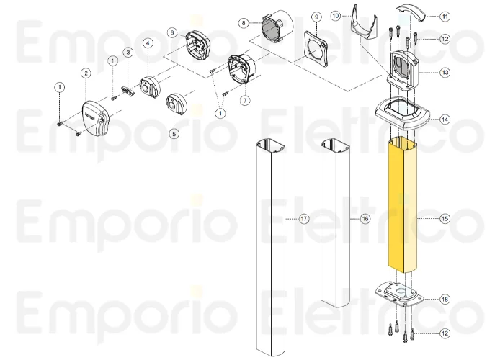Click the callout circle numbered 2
point(86,73)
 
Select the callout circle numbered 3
point(127,52)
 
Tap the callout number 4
point(147,44)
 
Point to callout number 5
point(174,133)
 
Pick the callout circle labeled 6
point(172,32)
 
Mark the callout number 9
point(315,17)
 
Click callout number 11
point(445,15)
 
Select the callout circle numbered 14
point(445,120)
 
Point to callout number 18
point(445,298)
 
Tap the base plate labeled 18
point(402,295)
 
